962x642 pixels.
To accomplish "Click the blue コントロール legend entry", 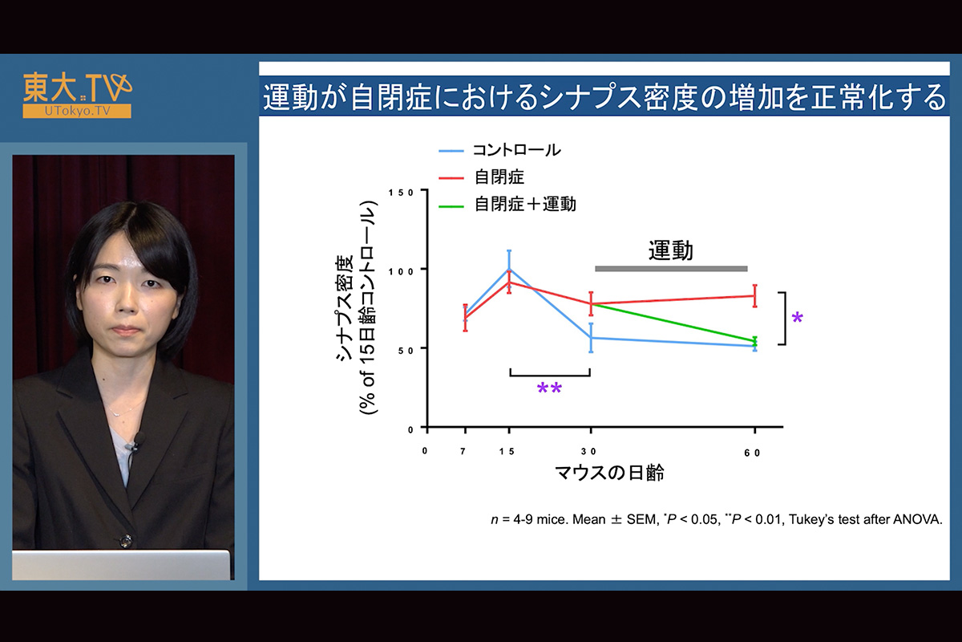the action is pos(500,150).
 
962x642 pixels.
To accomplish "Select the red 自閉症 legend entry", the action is pos(482,177).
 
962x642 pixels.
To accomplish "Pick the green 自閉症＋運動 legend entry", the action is pos(507,205).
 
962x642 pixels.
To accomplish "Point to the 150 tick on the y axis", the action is pos(402,193).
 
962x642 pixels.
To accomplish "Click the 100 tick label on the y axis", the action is pos(402,271).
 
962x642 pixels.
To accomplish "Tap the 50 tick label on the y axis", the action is pos(406,351).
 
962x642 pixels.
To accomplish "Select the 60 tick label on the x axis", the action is pos(752,453).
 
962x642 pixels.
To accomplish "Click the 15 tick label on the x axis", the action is pos(507,452).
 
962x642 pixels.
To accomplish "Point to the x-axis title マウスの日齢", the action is pos(609,473).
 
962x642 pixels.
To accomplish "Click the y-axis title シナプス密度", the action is pos(345,308).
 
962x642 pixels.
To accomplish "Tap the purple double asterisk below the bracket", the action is pos(549,388).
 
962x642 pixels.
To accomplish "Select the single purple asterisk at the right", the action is pos(797,319).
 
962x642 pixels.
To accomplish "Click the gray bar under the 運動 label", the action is pos(671,269).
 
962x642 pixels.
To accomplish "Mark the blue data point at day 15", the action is pos(509,269).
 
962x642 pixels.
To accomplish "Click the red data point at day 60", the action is pos(754,296).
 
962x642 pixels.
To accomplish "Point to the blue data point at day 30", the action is pos(591,338).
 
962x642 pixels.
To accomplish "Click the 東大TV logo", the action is pos(77,95).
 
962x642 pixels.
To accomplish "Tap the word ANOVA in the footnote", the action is pos(917,519).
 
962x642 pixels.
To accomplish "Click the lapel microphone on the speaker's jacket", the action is pos(136,441).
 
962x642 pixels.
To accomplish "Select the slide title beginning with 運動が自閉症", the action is pos(604,97).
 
